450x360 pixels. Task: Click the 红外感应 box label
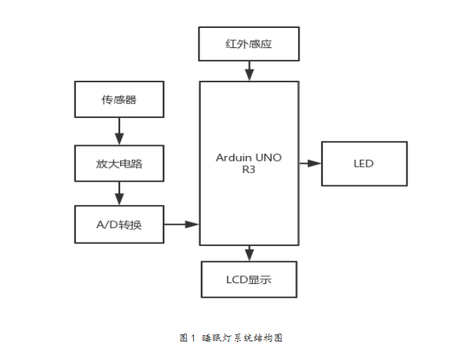[x=248, y=44]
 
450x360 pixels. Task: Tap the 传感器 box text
[x=119, y=99]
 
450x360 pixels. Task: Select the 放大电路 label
[x=119, y=164]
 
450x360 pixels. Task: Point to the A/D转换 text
[x=119, y=224]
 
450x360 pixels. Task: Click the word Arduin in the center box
[x=234, y=157]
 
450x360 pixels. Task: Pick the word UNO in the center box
[x=268, y=157]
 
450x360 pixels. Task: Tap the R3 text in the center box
[x=248, y=170]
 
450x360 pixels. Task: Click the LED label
[x=364, y=164]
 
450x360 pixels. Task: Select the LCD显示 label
[x=248, y=279]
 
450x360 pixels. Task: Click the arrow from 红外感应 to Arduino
[x=249, y=71]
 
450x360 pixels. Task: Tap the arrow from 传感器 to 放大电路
[x=119, y=131]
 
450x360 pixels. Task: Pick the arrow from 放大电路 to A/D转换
[x=119, y=193]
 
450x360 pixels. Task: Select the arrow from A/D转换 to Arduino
[x=182, y=224]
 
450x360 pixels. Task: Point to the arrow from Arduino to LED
[x=310, y=164]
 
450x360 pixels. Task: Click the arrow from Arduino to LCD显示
[x=249, y=253]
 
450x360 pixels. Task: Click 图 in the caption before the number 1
[x=183, y=338]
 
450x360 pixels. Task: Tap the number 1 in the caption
[x=193, y=338]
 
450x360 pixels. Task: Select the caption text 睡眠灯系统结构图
[x=242, y=338]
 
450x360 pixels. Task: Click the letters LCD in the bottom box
[x=237, y=279]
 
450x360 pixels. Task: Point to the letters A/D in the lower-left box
[x=107, y=224]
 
